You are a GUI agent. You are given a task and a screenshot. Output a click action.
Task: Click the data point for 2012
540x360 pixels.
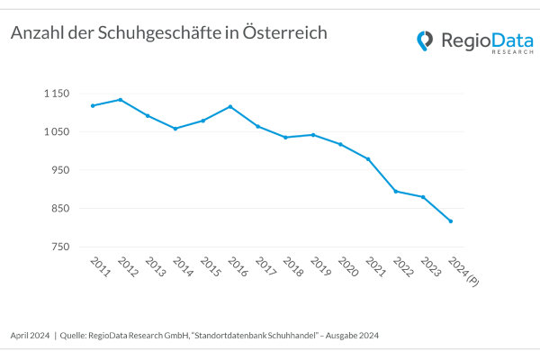pos(121,100)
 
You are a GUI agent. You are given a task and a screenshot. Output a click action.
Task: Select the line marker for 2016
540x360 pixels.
pos(230,106)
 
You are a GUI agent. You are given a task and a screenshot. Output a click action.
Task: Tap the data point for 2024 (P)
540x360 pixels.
pos(450,221)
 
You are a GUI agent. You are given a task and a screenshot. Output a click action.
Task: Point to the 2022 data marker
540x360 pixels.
pos(395,191)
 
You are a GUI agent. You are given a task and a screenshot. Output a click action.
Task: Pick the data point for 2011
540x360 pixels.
pos(93,105)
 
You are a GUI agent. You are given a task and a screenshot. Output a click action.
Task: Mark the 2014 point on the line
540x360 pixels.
pos(175,129)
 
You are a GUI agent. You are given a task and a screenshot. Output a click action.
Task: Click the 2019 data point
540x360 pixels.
pos(313,135)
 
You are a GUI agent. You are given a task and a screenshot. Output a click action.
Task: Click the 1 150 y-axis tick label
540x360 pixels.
pos(56,94)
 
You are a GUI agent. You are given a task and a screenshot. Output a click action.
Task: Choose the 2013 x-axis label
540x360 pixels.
pos(155,266)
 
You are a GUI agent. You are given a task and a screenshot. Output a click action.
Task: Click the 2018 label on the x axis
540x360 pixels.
pos(292,266)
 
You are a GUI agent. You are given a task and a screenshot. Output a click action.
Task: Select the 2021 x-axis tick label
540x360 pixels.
pos(374,266)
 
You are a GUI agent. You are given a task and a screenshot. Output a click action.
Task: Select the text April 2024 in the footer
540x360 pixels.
pos(29,336)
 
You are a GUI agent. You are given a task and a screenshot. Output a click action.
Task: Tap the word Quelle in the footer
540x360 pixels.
pos(76,336)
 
